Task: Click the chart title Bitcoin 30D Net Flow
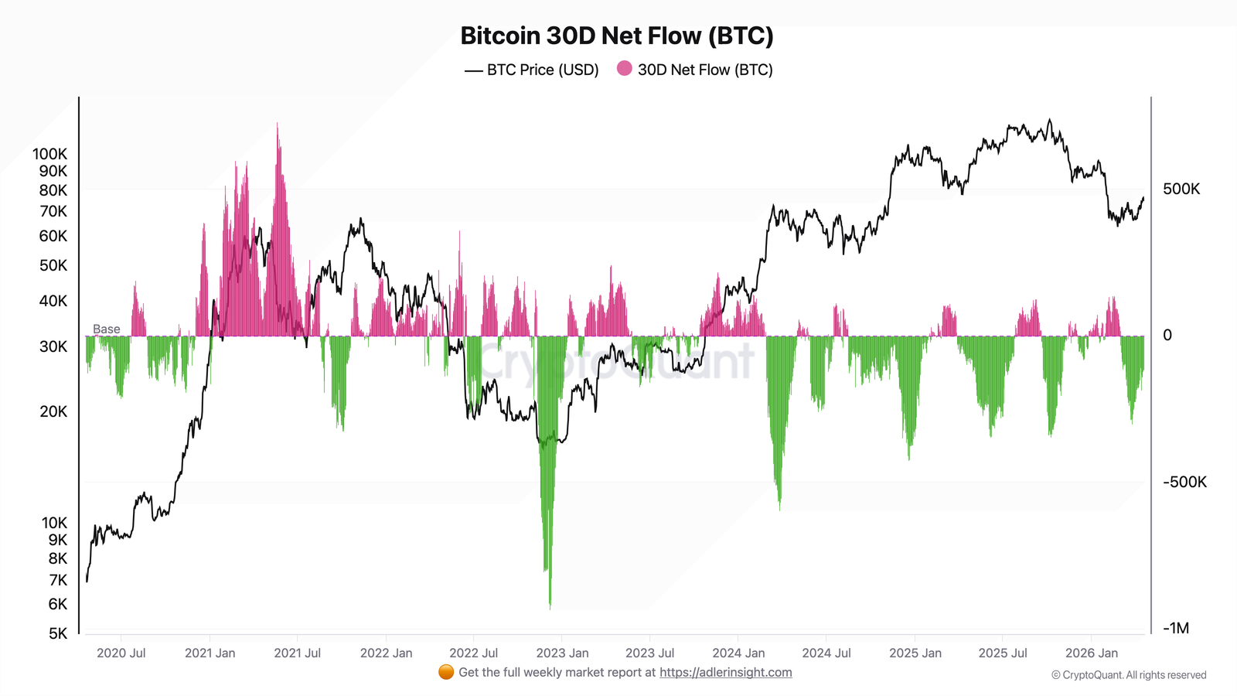pos(616,36)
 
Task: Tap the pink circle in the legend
pos(624,69)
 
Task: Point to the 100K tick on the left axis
pos(49,154)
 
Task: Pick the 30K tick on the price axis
pos(53,346)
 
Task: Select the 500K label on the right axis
pos(1181,189)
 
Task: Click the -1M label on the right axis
pos(1175,628)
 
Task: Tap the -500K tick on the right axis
pos(1184,482)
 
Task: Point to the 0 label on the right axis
pos(1167,335)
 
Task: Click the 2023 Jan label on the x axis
pos(562,653)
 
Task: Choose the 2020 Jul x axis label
pos(121,653)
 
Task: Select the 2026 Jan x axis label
pos(1091,653)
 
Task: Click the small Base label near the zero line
pos(106,329)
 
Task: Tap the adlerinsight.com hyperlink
pos(725,672)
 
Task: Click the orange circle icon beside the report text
pos(446,672)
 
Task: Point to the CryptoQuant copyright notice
pos(1128,675)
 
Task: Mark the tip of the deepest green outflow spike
pos(550,608)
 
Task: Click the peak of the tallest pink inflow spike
pos(278,124)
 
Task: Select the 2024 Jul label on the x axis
pos(826,653)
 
